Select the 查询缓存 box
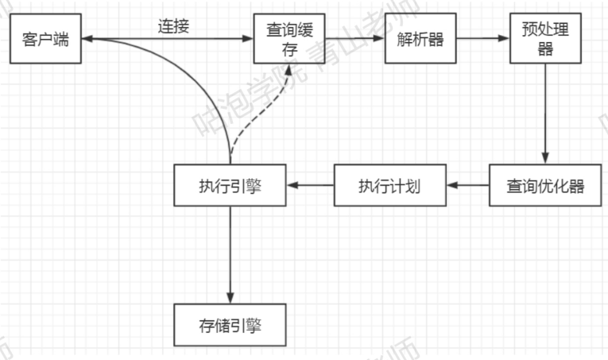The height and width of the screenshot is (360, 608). [289, 38]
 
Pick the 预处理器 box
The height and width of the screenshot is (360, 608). [545, 38]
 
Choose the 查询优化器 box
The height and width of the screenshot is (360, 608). [545, 185]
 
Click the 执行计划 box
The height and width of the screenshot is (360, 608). [389, 185]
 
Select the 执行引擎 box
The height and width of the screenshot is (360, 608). [230, 185]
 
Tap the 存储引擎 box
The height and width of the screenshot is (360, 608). [230, 324]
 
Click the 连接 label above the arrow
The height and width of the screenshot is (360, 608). [173, 25]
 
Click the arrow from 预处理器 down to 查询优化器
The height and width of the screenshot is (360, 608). [545, 111]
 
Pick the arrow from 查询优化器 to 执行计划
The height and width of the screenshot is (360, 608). [468, 185]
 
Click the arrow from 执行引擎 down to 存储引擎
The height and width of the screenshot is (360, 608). [230, 254]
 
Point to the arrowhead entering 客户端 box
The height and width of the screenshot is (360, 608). [85, 38]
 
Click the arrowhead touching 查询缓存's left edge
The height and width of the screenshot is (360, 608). [249, 38]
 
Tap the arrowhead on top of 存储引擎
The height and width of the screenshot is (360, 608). [230, 298]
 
